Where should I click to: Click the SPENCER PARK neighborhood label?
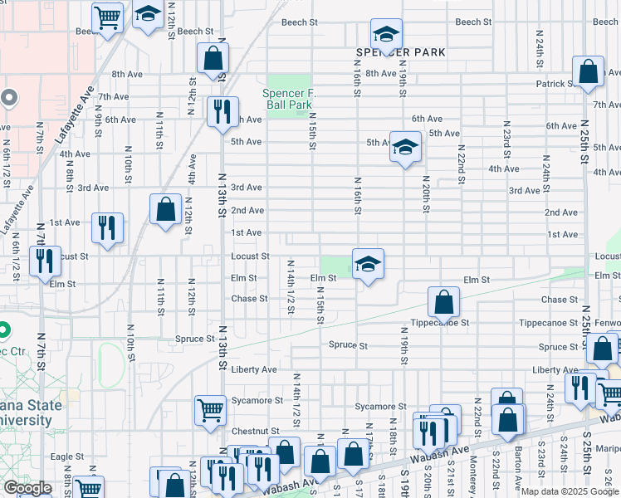[400, 52]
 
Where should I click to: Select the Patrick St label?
[555, 84]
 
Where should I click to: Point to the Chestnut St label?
[255, 431]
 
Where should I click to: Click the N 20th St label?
[425, 193]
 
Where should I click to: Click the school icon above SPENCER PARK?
[386, 34]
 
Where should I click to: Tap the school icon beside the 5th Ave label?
[404, 147]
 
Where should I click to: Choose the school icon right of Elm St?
[368, 264]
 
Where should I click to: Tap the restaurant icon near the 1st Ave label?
[107, 228]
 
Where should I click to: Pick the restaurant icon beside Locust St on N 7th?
[45, 261]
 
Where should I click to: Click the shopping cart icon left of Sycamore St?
[210, 409]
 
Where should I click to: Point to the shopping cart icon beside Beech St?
[107, 17]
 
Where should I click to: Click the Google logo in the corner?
[27, 488]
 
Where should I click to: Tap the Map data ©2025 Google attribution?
[569, 491]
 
